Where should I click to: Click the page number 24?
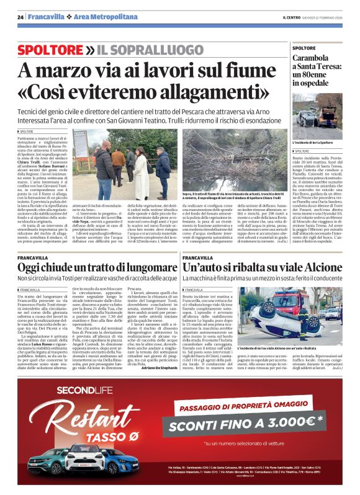[20, 17]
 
